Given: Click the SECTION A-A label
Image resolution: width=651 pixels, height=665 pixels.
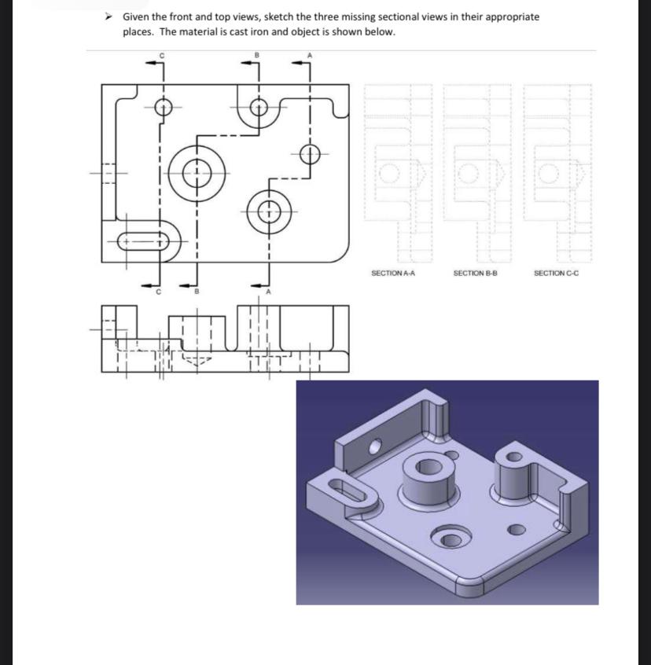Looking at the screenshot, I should pos(392,273).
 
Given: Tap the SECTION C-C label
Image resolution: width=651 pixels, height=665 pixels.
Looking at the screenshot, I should pos(556,273).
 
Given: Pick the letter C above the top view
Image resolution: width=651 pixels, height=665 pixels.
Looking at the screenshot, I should pos(161,54).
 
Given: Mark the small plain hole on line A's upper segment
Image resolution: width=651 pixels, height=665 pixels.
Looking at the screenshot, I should pos(311,153).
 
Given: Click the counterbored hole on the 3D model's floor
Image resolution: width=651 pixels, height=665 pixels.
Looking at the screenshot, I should pos(450,538).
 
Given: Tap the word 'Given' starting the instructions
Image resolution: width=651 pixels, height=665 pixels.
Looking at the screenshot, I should pos(138,17).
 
